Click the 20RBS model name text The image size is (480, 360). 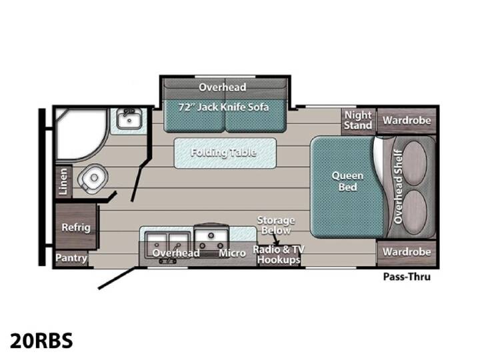pos(41,341)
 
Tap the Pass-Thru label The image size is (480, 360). pos(407,277)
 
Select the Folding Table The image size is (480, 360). pos(225,153)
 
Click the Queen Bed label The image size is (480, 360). pos(347,181)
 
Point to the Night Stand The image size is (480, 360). pos(358,121)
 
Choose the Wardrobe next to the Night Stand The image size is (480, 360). pos(407,121)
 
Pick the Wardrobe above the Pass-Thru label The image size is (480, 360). pos(407,253)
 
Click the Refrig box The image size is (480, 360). pos(76,227)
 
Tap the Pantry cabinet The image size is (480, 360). pos(71,259)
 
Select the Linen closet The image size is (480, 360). pos(63,181)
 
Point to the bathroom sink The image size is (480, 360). pos(129,119)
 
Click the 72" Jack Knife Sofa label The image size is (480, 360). pos(223,107)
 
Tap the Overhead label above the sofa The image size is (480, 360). pos(222,87)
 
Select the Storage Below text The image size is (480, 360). pos(276,225)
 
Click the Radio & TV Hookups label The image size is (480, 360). pos(279,255)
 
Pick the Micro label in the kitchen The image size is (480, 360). pos(232,253)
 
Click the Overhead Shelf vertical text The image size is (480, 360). pos(397,187)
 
